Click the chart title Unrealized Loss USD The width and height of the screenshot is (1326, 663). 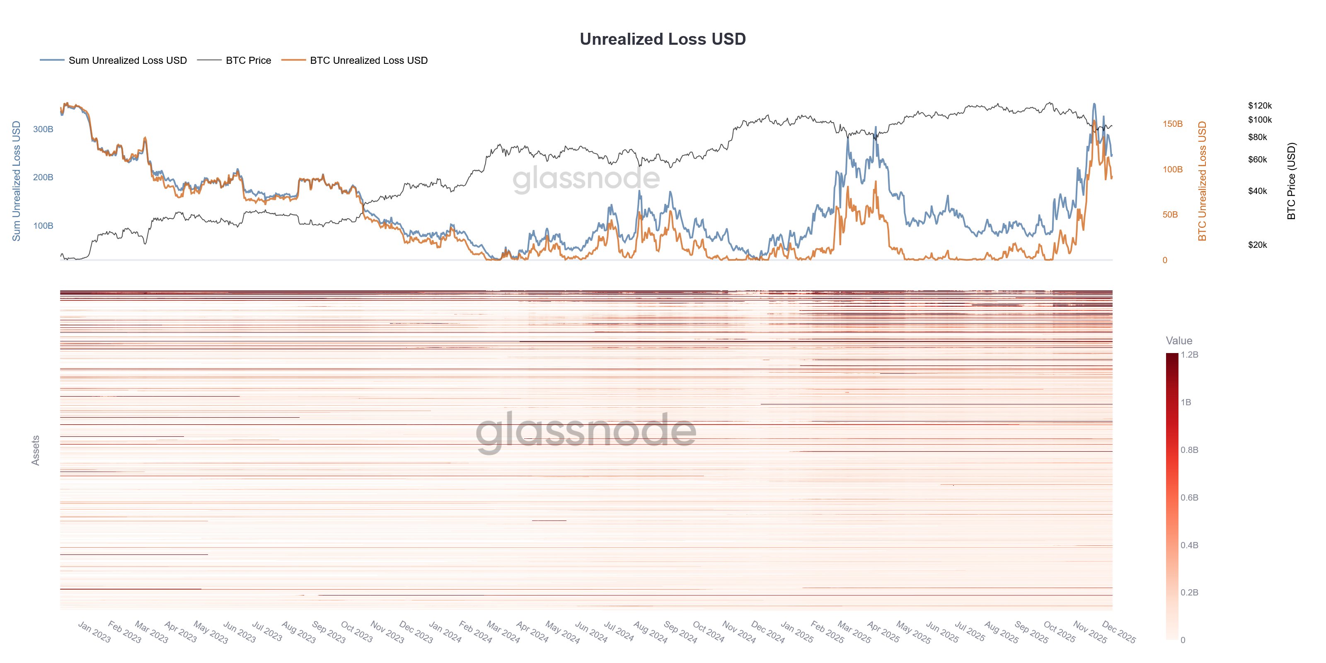pos(663,39)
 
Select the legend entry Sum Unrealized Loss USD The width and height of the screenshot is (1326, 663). pos(127,60)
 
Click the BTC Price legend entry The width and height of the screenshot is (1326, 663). pos(248,60)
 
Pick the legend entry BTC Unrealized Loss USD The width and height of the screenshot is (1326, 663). pos(368,60)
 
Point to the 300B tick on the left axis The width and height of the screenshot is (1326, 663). pos(43,129)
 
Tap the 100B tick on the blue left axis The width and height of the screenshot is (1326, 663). pos(43,225)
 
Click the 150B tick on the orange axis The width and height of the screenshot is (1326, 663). pos(1172,124)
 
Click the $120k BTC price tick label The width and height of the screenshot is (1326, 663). pos(1259,106)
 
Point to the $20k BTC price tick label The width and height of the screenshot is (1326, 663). pos(1257,245)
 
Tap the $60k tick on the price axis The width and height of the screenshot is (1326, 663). pos(1257,160)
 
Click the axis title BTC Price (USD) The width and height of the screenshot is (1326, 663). pos(1291,181)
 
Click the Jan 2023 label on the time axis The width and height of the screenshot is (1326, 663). pos(94,632)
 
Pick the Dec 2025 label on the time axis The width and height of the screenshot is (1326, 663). pos(1118,632)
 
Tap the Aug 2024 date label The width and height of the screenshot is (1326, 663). pos(650,632)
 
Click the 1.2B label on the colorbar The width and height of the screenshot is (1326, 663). pos(1189,355)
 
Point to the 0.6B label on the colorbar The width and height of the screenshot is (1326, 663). pos(1189,497)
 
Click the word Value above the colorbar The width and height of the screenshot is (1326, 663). pos(1179,340)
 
